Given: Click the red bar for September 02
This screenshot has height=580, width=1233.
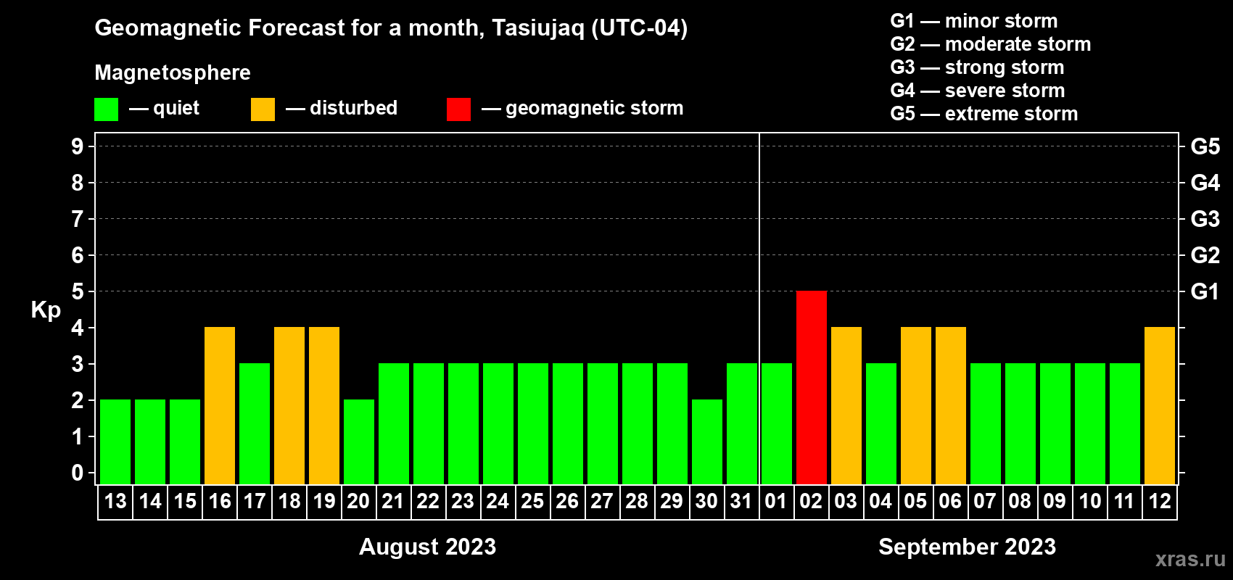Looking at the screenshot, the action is (x=812, y=387).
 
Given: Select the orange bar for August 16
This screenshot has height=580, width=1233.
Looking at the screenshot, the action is (x=220, y=405).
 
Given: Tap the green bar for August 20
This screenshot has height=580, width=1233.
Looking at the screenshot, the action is (x=359, y=442).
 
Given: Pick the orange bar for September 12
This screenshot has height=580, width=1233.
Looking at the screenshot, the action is (x=1160, y=405).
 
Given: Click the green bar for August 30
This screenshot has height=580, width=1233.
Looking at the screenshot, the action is (x=707, y=442).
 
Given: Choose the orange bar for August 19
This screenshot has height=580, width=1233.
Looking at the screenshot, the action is (x=324, y=405).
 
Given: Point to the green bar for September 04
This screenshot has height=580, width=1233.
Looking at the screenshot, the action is (x=881, y=423).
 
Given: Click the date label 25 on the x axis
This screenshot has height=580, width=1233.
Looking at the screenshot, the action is (x=532, y=501).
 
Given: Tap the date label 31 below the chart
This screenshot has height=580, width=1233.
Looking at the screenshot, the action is (x=741, y=501).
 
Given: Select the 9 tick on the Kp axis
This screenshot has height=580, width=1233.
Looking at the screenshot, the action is (x=77, y=146).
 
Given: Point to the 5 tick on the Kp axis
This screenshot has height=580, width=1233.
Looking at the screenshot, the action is (x=77, y=291).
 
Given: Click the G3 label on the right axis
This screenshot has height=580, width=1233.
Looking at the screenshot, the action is (x=1205, y=219).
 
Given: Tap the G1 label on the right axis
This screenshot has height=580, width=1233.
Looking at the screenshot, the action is (x=1205, y=291).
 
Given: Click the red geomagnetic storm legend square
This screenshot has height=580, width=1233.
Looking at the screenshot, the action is (x=458, y=109).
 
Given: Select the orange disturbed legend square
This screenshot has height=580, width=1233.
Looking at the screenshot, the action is (x=263, y=109).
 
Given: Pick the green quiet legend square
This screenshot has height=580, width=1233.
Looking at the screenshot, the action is (x=106, y=109).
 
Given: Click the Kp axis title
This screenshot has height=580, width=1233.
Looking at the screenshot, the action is (x=46, y=310).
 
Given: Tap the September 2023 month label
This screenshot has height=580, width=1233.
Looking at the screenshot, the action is (x=967, y=547).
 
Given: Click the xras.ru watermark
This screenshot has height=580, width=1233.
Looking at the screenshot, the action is (x=1190, y=560).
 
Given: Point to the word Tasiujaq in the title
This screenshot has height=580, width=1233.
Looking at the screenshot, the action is (x=537, y=28).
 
